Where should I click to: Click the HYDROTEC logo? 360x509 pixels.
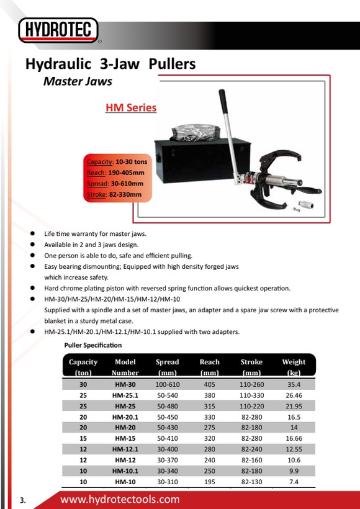pos(58,30)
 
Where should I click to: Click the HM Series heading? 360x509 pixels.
pos(131,108)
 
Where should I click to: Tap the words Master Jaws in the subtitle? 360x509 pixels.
pos(78,81)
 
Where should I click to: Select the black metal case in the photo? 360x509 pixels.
pos(202,160)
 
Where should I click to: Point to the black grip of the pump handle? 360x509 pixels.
pos(223,101)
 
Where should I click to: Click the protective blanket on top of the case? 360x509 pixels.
pos(196,132)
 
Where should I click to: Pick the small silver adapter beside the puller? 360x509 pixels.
pos(306,205)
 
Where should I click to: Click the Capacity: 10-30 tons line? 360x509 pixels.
pos(117,161)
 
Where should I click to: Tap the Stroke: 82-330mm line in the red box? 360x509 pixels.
pos(114,195)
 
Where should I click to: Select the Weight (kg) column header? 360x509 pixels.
pos(294,367)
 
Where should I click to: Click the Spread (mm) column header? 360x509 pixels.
pos(167,367)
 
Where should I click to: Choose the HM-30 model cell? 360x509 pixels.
pos(125,385)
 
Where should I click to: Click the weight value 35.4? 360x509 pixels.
pos(294,385)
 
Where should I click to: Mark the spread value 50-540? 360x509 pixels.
pos(168,395)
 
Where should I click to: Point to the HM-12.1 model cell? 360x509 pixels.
pos(125,449)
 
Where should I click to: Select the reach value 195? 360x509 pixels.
pos(210,482)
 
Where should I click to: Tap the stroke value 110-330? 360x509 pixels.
pos(252,395)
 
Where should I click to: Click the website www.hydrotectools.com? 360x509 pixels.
pos(120,499)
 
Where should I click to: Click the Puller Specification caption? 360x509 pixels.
pos(93,345)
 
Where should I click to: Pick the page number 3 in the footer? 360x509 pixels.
pos(22,500)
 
